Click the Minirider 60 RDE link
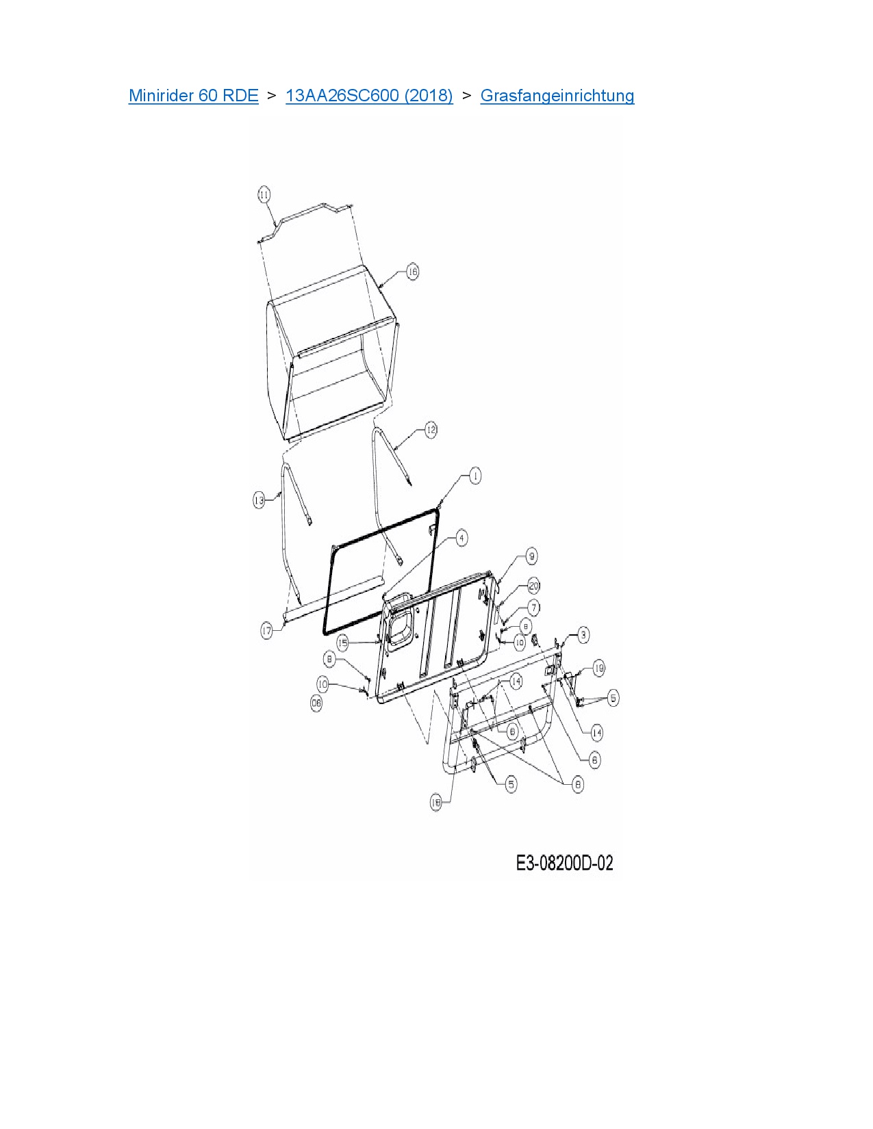coord(193,96)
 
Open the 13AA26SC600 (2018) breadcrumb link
coord(369,96)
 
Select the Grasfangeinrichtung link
coord(557,96)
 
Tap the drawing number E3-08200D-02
coord(564,864)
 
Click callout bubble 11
coord(264,194)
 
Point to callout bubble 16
coord(412,272)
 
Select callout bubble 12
coord(430,430)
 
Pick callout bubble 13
coord(259,500)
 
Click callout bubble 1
coord(475,476)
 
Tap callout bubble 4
coord(461,538)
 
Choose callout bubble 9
coord(531,556)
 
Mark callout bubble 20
coord(534,586)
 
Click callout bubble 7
coord(533,607)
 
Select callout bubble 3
coord(583,635)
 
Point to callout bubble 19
coord(598,669)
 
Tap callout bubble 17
coord(266,631)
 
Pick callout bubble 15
coord(343,643)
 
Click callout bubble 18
coord(436,802)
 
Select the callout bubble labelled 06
coord(316,703)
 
